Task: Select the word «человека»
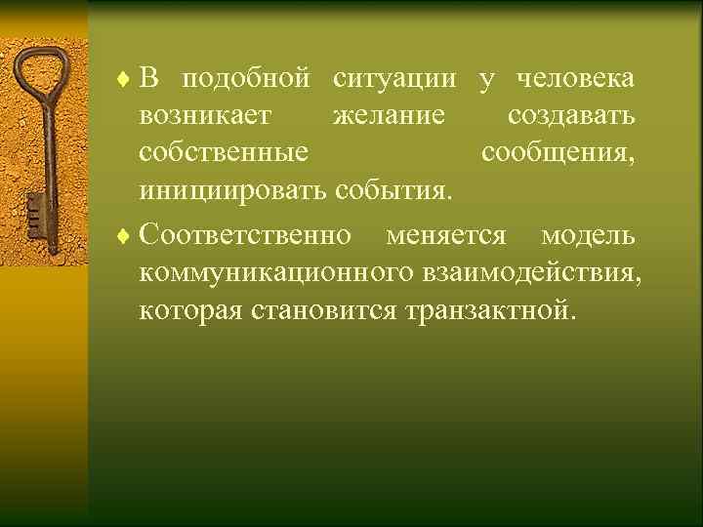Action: pos(573,78)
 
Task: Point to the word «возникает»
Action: pos(206,116)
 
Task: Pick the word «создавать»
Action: pos(571,116)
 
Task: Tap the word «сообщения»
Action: pos(558,153)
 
